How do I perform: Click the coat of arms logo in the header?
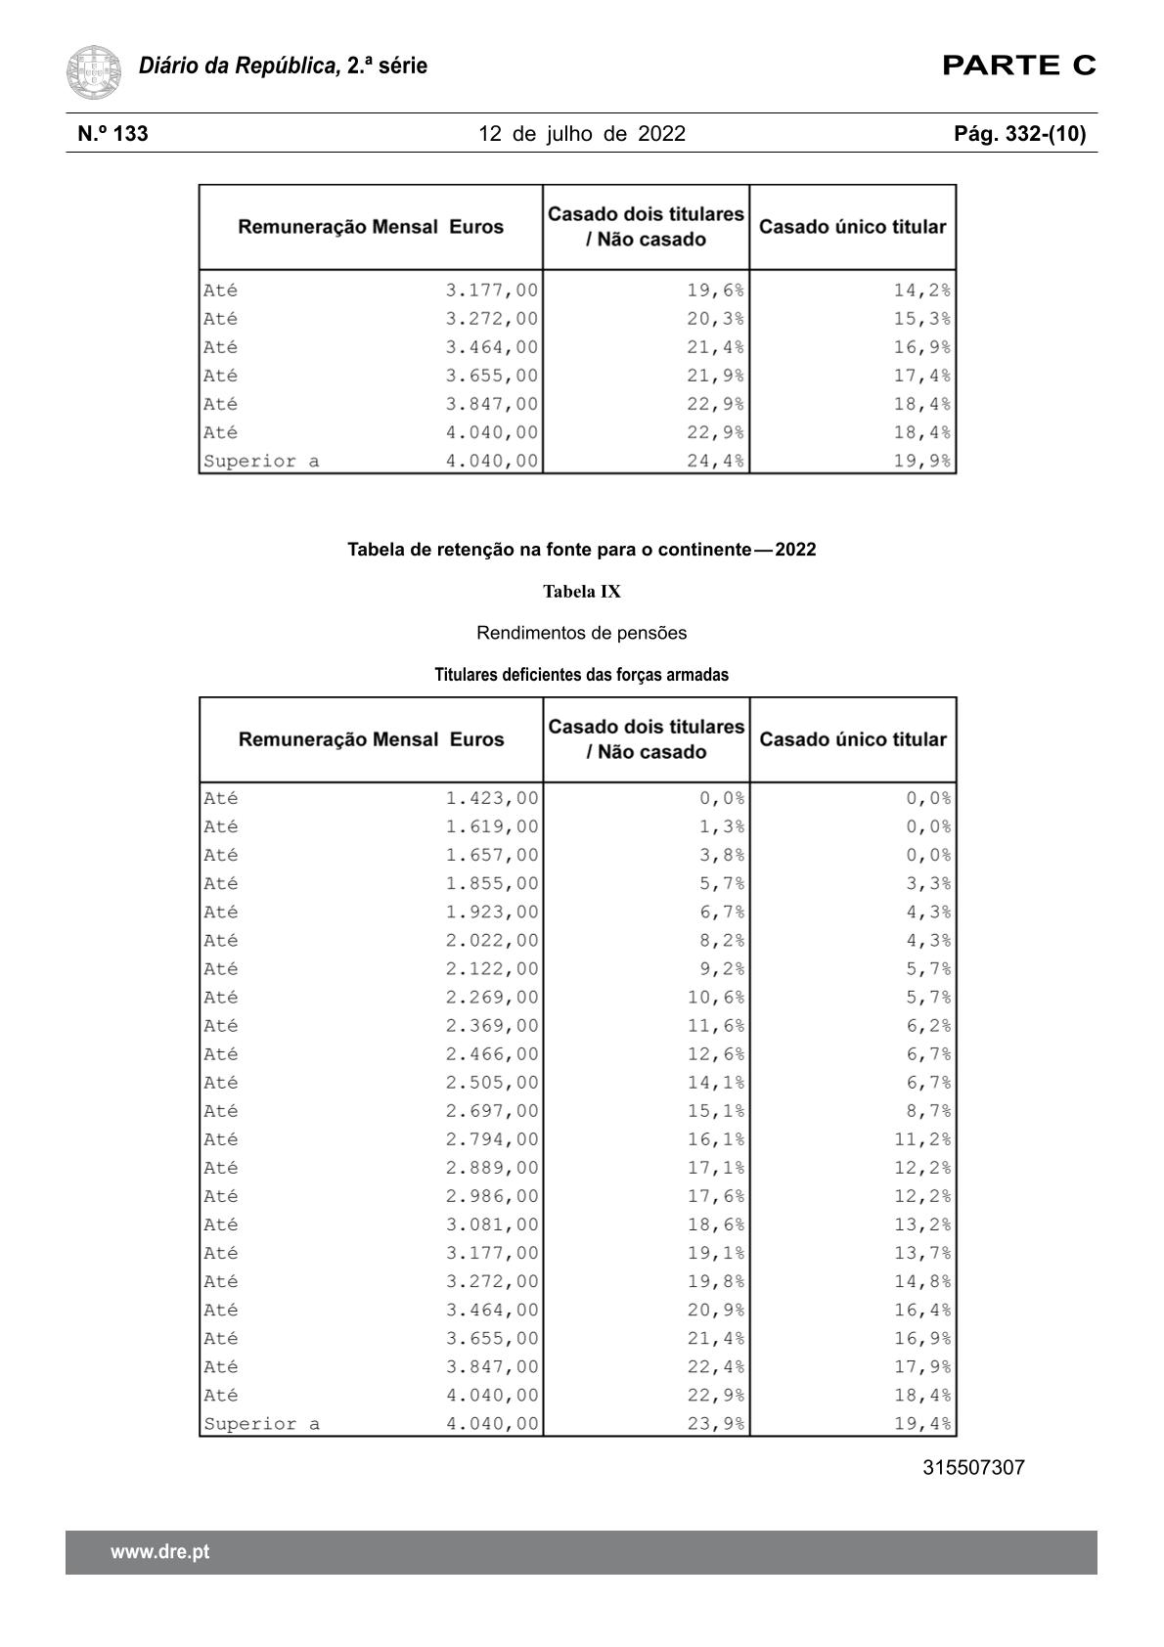click(94, 71)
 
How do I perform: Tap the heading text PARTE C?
click(1018, 66)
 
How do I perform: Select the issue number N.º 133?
click(113, 134)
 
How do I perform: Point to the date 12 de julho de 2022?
click(582, 134)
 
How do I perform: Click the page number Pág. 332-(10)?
click(1019, 134)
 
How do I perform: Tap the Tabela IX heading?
click(582, 592)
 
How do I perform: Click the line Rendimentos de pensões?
click(582, 633)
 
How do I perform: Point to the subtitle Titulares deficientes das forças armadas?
click(582, 675)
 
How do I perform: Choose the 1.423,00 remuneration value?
click(492, 798)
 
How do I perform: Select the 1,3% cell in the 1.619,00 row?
click(721, 826)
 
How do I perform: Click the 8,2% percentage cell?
click(721, 940)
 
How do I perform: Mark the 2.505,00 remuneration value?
click(492, 1083)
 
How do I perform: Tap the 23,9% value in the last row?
click(715, 1424)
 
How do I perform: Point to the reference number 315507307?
click(973, 1468)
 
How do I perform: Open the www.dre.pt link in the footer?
click(159, 1552)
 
